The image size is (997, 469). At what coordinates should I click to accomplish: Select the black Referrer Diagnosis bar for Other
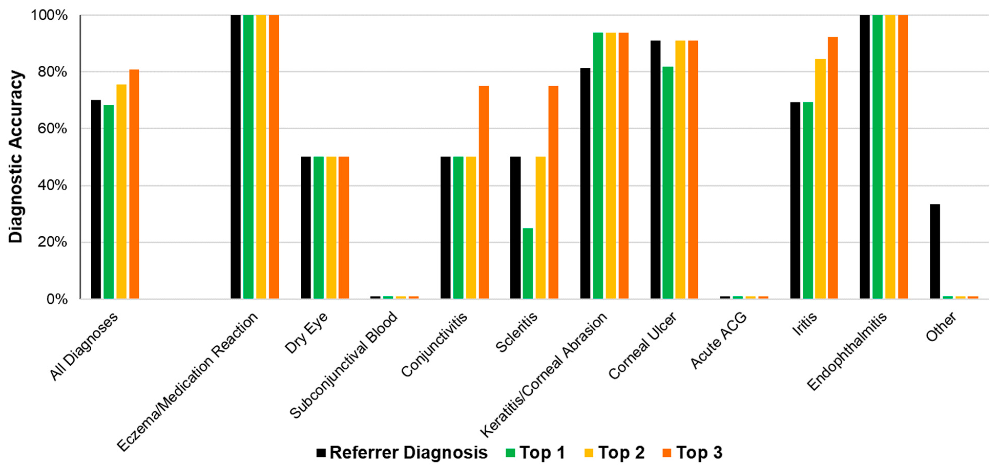935,251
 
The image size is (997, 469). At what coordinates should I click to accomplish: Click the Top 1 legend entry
536,452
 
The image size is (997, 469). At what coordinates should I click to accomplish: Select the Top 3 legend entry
692,452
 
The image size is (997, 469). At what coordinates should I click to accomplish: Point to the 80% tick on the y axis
52,72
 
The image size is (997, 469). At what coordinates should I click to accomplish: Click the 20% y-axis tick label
52,242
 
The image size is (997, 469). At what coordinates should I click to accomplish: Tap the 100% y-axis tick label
49,15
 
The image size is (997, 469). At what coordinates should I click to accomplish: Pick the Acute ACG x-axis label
719,340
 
